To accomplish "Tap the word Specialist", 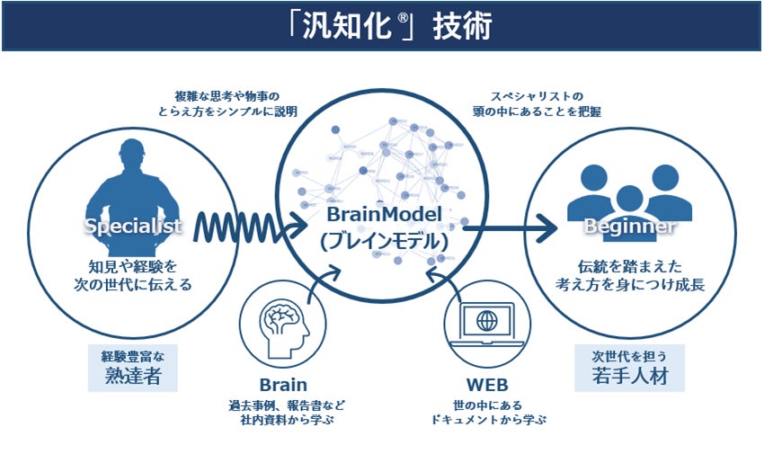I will pyautogui.click(x=133, y=227).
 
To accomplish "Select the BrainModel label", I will pyautogui.click(x=385, y=217).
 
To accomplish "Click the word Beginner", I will pyautogui.click(x=629, y=227).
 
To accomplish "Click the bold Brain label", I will pyautogui.click(x=282, y=386).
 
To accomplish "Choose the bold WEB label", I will pyautogui.click(x=486, y=386).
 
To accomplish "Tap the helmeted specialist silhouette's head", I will pyautogui.click(x=134, y=153).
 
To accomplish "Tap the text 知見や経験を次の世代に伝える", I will pyautogui.click(x=133, y=274).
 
